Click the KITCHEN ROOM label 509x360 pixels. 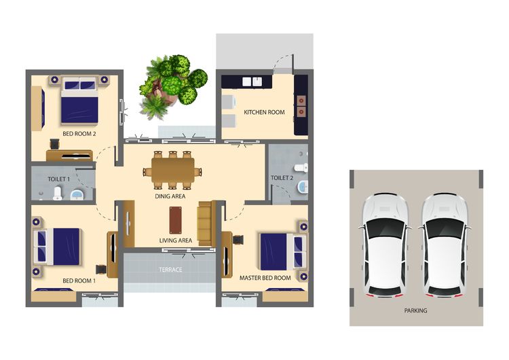point(264,112)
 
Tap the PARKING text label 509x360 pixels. point(416,310)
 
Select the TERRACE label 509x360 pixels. point(170,270)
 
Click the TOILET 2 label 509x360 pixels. point(282,178)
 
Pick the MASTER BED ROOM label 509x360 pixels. point(265,278)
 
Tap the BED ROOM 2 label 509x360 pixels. point(79,134)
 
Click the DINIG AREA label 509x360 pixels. point(170,196)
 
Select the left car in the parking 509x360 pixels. point(384,245)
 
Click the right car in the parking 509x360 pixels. point(445,245)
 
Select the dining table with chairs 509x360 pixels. point(172,170)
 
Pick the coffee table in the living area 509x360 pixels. point(176,219)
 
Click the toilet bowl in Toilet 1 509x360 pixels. point(58,194)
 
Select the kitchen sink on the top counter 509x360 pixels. point(252,82)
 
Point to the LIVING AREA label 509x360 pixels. point(176,240)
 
